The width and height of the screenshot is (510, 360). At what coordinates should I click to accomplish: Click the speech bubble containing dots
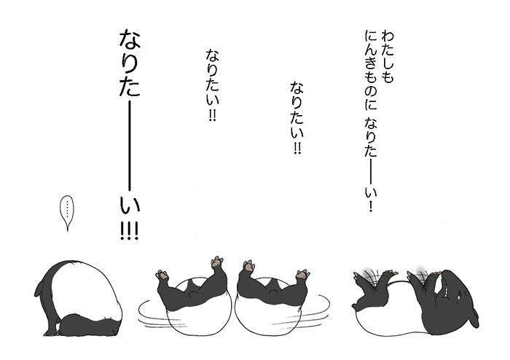[67, 213]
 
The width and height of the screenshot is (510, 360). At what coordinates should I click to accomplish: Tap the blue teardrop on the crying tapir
[458, 297]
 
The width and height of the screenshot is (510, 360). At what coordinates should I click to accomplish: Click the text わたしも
[387, 57]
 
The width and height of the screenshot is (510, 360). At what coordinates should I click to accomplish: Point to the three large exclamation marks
[130, 230]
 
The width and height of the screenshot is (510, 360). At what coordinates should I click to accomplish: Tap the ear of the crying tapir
[475, 317]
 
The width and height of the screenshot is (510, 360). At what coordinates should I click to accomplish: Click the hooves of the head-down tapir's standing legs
[52, 332]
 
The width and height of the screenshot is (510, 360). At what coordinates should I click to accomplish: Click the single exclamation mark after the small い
[370, 206]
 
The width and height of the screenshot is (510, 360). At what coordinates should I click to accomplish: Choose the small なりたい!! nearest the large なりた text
[212, 85]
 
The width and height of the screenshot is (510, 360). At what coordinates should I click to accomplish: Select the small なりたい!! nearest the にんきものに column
[297, 118]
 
